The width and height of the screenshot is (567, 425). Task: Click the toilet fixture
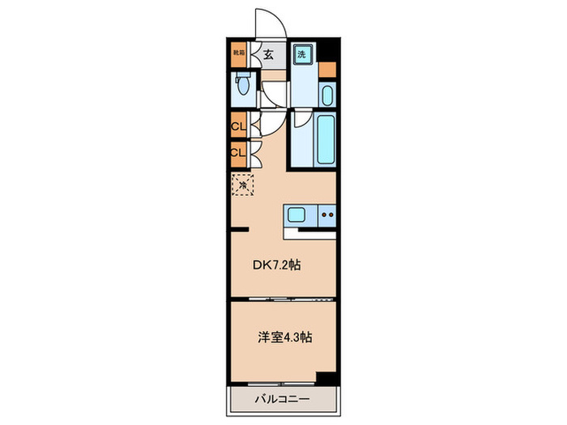(x=243, y=83)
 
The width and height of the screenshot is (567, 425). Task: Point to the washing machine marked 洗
(x=302, y=55)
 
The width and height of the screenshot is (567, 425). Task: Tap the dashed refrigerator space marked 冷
(x=242, y=185)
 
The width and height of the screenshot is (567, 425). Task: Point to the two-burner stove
(x=326, y=215)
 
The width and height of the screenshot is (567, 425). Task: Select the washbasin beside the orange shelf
(x=326, y=96)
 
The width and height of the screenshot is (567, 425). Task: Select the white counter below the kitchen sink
(x=311, y=234)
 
